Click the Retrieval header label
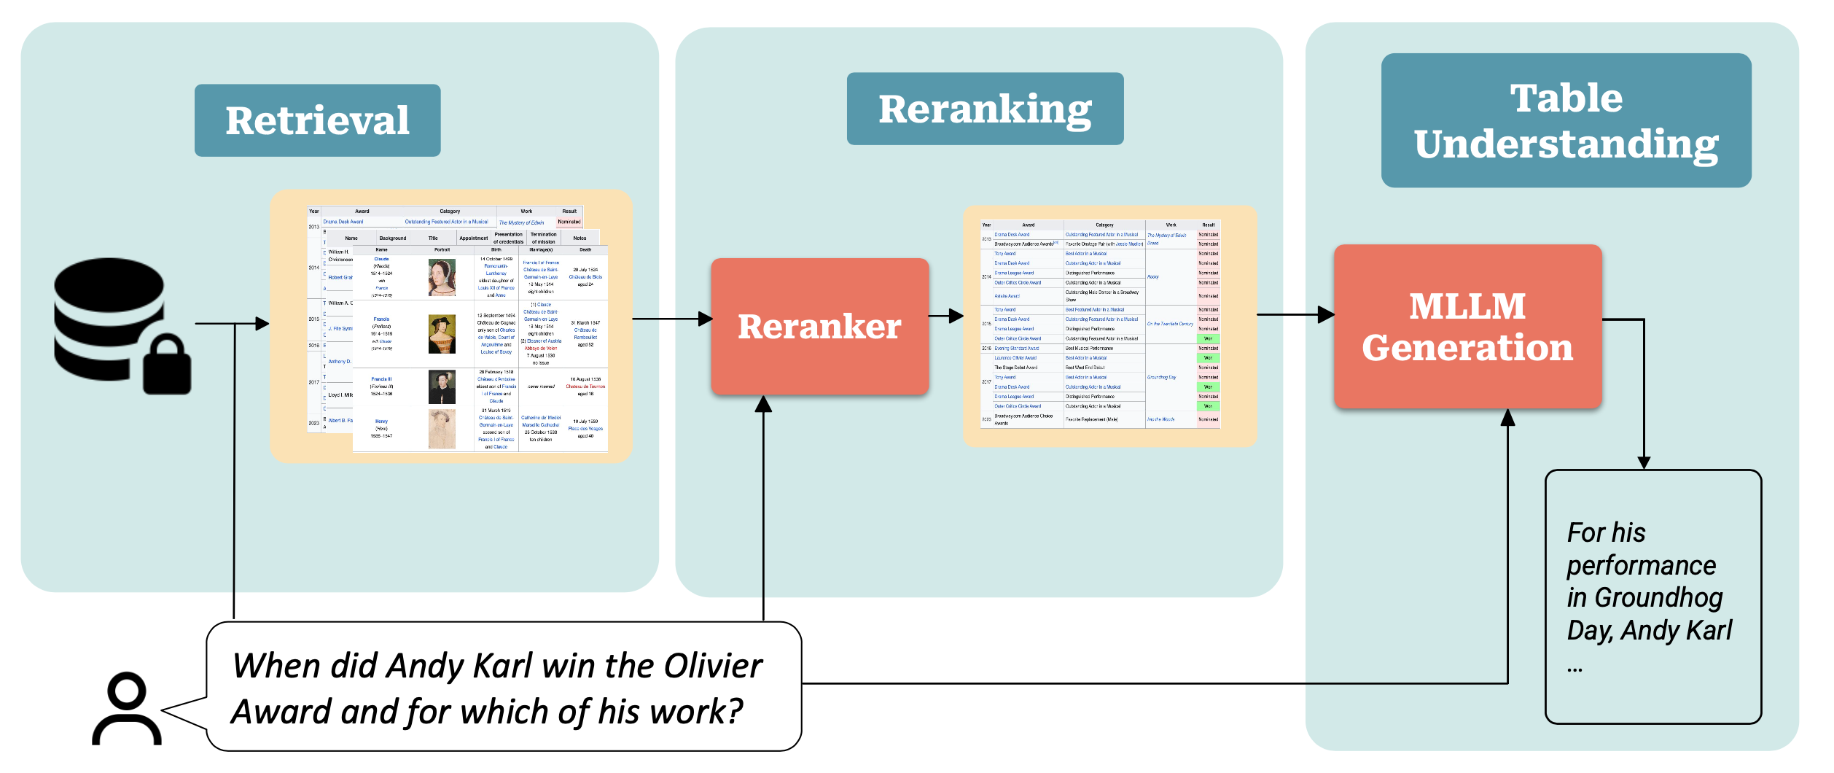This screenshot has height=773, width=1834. pos(317,120)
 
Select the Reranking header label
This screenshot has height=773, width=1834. pos(985,109)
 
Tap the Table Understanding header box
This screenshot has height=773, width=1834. pos(1566,120)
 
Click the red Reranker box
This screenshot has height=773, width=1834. pos(819,326)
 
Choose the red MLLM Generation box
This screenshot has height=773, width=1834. pos(1467,326)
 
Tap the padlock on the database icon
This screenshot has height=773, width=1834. pos(167,365)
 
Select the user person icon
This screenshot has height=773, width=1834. pos(127,709)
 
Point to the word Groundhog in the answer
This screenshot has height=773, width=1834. pos(1658,598)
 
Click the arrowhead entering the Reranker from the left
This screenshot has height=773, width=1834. pos(705,319)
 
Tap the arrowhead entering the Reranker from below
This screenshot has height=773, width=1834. pos(763,404)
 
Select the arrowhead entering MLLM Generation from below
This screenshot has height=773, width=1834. pos(1507,417)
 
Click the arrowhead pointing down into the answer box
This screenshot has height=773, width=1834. pos(1644,462)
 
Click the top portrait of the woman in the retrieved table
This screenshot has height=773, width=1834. pos(442,277)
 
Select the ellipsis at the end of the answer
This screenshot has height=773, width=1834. pos(1574,667)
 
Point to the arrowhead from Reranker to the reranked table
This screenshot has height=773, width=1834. pos(956,316)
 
